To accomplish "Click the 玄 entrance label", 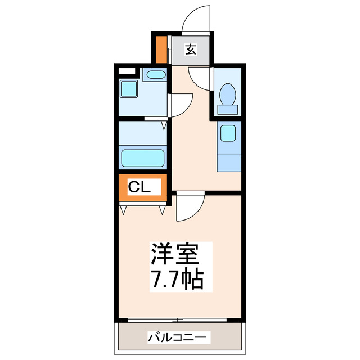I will coord(191,50).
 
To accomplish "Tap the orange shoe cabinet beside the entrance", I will coord(161,50).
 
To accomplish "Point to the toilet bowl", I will coord(228,93).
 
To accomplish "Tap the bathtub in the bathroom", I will coord(142,157).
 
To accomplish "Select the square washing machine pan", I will coord(129,88).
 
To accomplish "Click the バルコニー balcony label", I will coord(179,337).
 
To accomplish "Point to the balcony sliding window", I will coord(178,321).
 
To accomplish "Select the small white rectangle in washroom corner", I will coord(127,71).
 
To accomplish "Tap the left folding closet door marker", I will coord(124,210).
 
